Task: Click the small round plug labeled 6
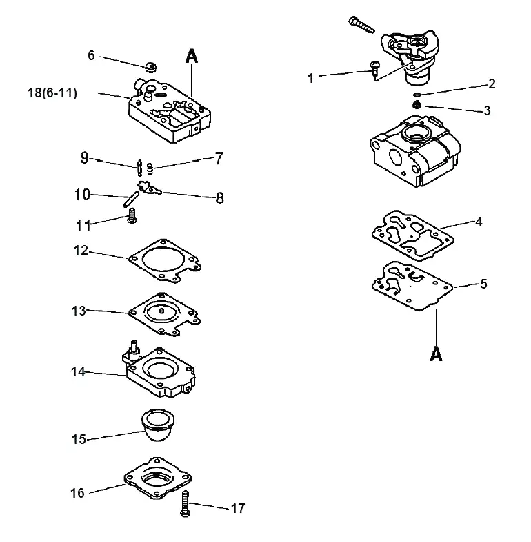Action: [150, 67]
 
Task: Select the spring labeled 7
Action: [150, 168]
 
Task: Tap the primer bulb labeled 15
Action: [158, 425]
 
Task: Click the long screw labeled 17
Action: [186, 504]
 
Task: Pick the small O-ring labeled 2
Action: [417, 95]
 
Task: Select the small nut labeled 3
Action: [417, 104]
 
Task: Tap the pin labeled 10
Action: [131, 200]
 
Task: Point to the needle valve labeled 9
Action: [140, 168]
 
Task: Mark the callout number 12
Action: [81, 250]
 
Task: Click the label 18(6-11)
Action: [52, 93]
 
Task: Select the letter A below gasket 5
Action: [436, 354]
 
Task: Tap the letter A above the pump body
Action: [192, 57]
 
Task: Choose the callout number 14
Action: [78, 372]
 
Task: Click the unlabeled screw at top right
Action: [362, 25]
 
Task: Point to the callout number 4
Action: [479, 222]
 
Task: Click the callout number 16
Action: [77, 493]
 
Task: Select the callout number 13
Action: [79, 311]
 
